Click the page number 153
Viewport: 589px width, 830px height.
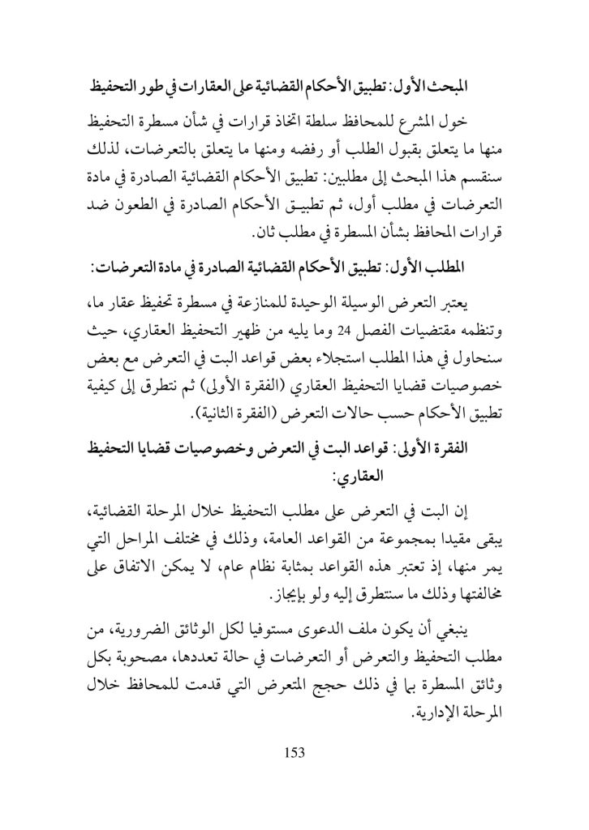tap(294, 752)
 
